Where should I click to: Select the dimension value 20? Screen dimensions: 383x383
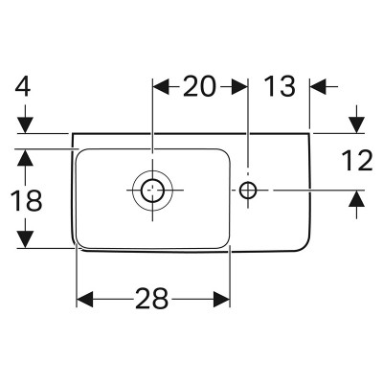(199, 86)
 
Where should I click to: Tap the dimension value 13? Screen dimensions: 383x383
(280, 86)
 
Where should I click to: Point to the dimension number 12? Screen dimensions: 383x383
(357, 161)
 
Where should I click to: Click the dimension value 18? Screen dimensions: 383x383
(26, 200)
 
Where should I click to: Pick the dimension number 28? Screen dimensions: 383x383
(152, 299)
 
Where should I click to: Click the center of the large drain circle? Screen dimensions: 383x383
(152, 190)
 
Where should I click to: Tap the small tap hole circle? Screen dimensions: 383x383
(248, 190)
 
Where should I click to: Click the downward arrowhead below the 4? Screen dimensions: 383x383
(26, 124)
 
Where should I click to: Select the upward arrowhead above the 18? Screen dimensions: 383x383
(26, 157)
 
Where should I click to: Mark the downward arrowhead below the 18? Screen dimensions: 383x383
(26, 239)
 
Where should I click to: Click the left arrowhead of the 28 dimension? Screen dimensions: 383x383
(85, 299)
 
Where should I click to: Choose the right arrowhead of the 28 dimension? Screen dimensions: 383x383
(221, 299)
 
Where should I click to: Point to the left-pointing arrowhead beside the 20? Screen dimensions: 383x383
(161, 86)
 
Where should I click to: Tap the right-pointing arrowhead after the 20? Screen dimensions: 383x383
(239, 86)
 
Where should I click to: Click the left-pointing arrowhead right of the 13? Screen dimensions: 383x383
(318, 86)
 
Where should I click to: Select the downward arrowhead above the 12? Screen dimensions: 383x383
(356, 124)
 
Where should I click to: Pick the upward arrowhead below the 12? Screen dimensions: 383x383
(356, 198)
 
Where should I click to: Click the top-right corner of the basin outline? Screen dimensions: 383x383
(309, 133)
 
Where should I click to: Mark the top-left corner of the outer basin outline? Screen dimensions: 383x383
(73, 133)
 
